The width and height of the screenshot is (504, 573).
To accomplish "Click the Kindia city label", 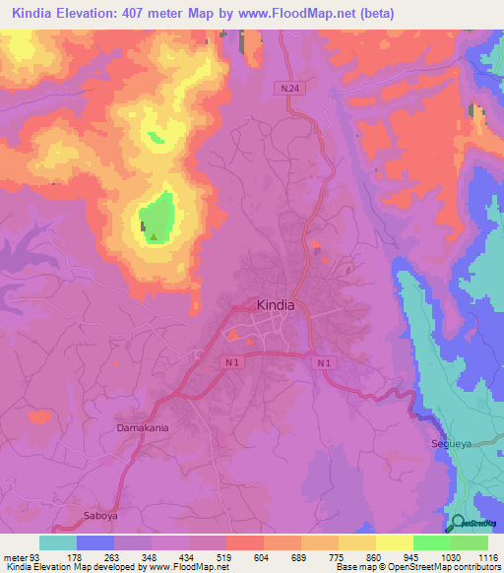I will point(275,305).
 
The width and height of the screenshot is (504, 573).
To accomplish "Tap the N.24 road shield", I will point(286,88).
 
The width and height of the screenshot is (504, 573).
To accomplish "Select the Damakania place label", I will point(143,429).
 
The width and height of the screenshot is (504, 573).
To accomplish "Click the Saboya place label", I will point(97,514).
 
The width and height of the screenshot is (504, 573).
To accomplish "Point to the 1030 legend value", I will point(450,557).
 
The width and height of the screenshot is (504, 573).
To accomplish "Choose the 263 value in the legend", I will point(114,557).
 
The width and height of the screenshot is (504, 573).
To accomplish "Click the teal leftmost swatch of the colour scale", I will point(58,542).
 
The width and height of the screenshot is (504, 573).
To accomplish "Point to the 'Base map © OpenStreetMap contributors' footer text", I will point(415,567).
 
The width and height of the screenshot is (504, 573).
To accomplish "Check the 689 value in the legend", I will point(300,557).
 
